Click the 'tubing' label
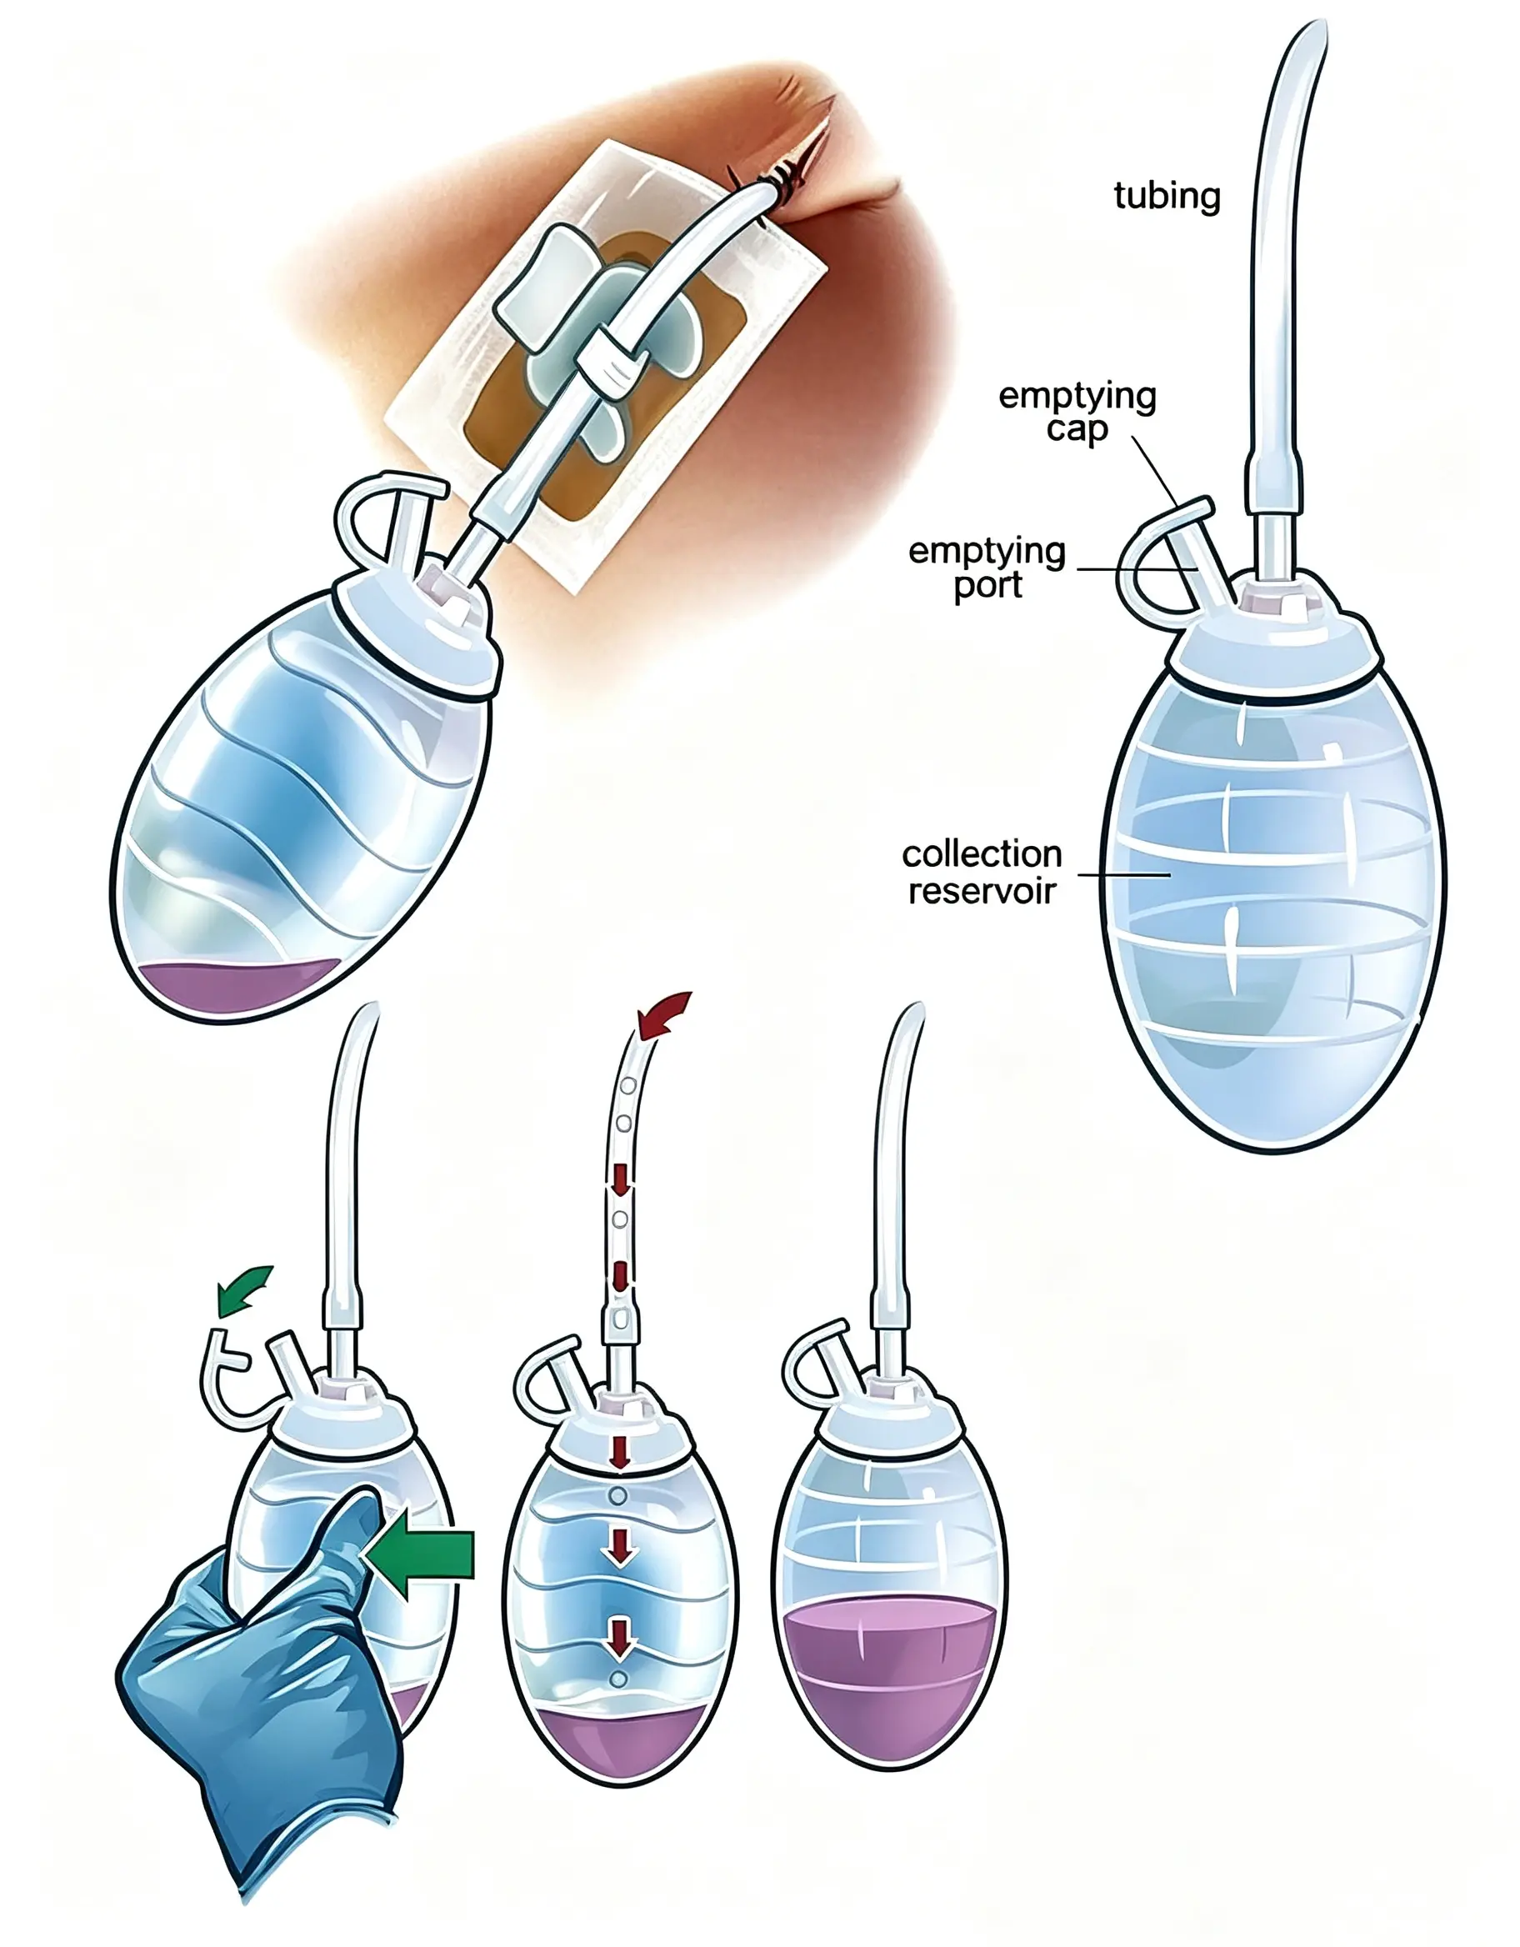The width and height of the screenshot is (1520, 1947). (1166, 196)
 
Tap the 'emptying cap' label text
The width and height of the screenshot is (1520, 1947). (1077, 411)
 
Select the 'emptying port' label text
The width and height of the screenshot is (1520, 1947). (987, 567)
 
